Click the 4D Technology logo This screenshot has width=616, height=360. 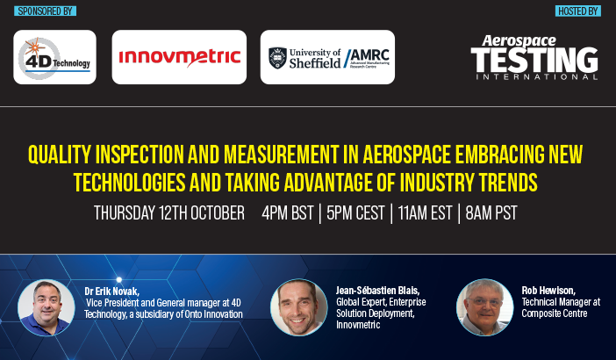pos(54,57)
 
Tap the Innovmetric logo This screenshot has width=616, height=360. pos(179,57)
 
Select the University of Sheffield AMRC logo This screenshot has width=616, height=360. pos(327,57)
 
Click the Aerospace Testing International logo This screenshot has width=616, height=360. pos(534,57)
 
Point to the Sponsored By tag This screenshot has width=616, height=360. pos(45,11)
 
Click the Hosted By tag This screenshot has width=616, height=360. pos(578,11)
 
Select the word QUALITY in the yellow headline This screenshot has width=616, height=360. pos(60,155)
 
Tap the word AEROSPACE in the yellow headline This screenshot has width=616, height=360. pos(406,155)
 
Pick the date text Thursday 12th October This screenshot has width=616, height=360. pos(169,213)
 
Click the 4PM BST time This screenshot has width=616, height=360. pos(288,213)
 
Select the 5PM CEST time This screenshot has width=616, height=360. pos(355,213)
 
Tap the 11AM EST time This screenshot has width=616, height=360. pos(425,213)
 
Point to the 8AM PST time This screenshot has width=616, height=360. pos(491,213)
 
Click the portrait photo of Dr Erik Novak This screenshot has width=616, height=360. pos(47,307)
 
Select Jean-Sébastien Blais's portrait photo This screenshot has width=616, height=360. pos(299,307)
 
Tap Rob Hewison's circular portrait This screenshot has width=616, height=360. pos(484,307)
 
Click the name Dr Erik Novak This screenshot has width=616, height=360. pos(112,292)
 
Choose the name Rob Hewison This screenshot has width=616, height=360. pos(548,291)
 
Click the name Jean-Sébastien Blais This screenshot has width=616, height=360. pos(378,291)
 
